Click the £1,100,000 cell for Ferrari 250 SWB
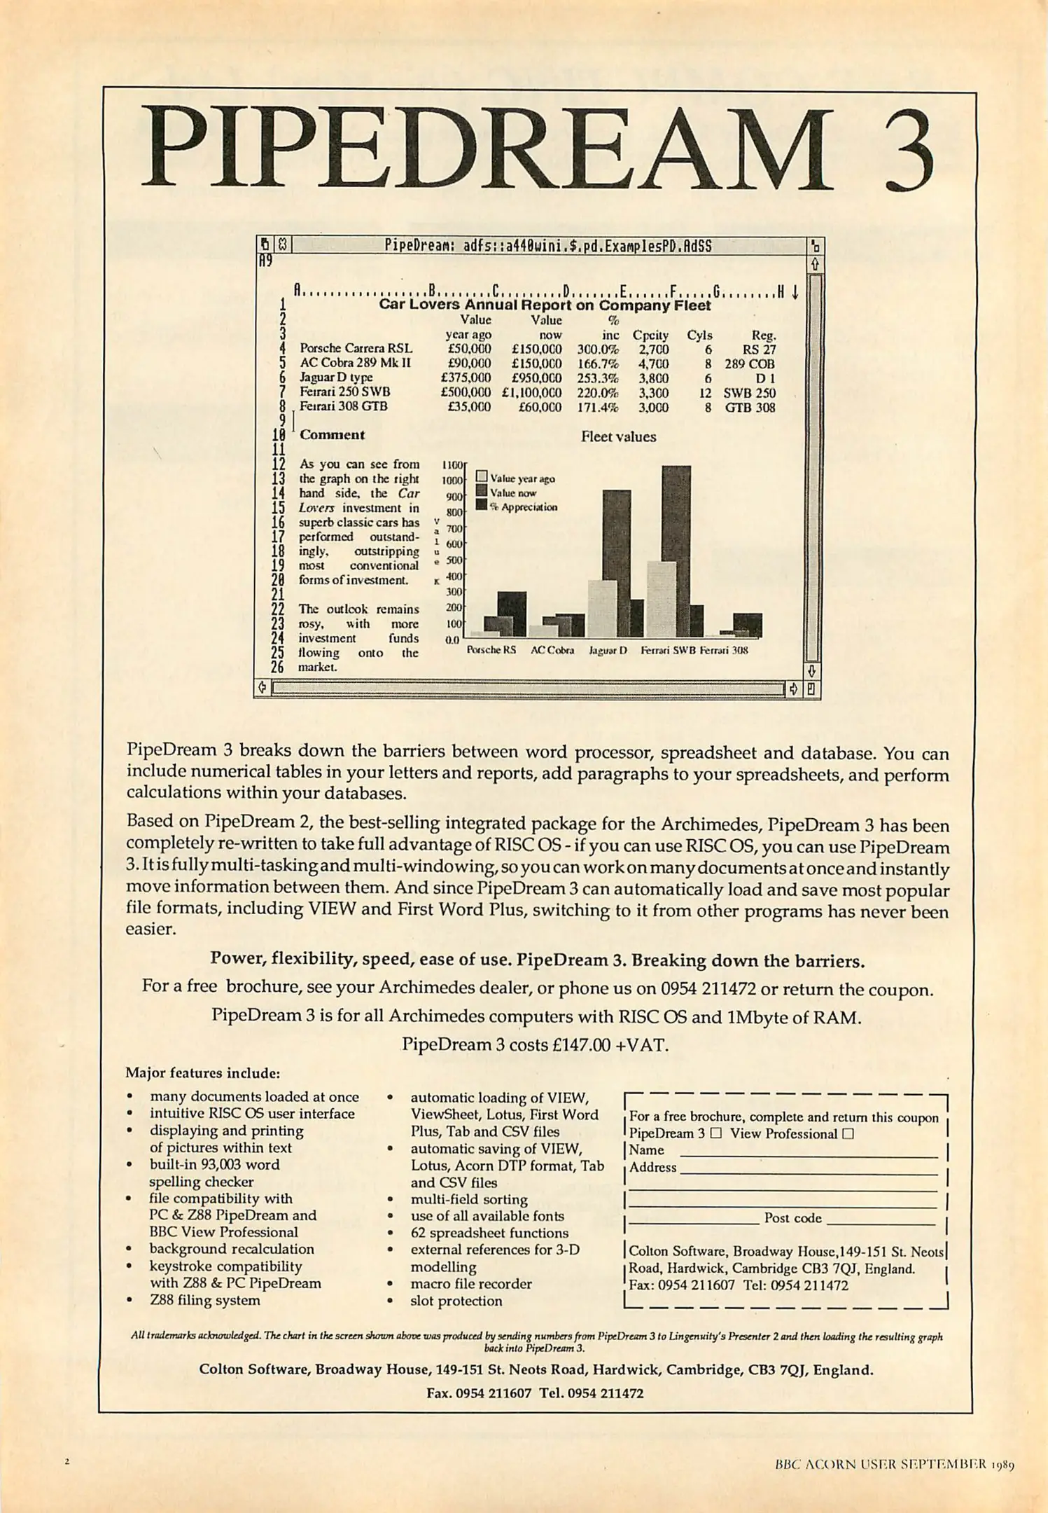531,393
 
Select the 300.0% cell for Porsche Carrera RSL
598,349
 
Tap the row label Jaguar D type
336,378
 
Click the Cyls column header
699,335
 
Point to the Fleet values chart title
618,436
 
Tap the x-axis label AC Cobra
552,650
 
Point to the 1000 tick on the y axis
452,481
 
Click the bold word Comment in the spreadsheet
332,434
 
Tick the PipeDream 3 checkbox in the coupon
715,1133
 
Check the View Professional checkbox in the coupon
848,1133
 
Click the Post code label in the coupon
792,1217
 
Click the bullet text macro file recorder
470,1283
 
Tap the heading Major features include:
202,1072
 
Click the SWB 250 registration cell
749,393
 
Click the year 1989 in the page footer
1002,1464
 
